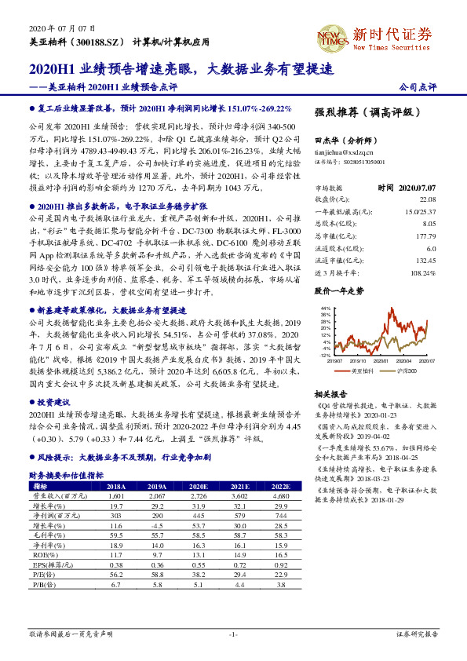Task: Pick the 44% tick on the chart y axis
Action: coord(326,309)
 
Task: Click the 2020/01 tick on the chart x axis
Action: coord(378,360)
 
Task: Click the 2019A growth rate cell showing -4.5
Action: coord(158,525)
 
